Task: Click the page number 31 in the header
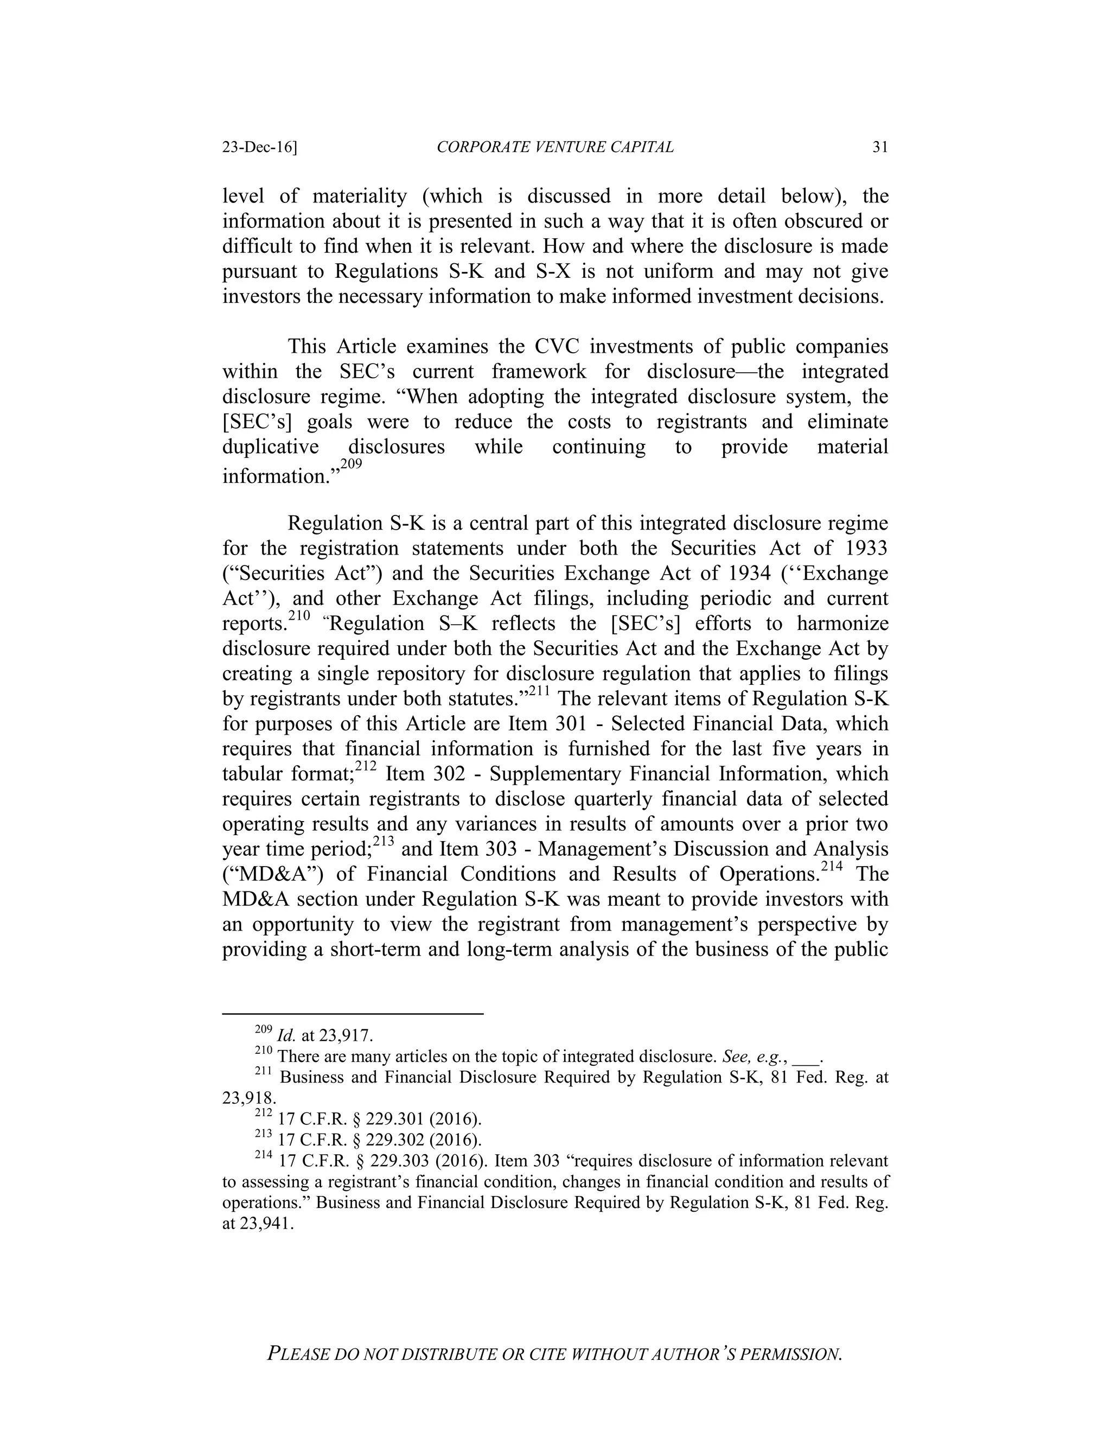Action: (x=880, y=148)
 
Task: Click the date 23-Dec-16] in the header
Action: (x=259, y=148)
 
